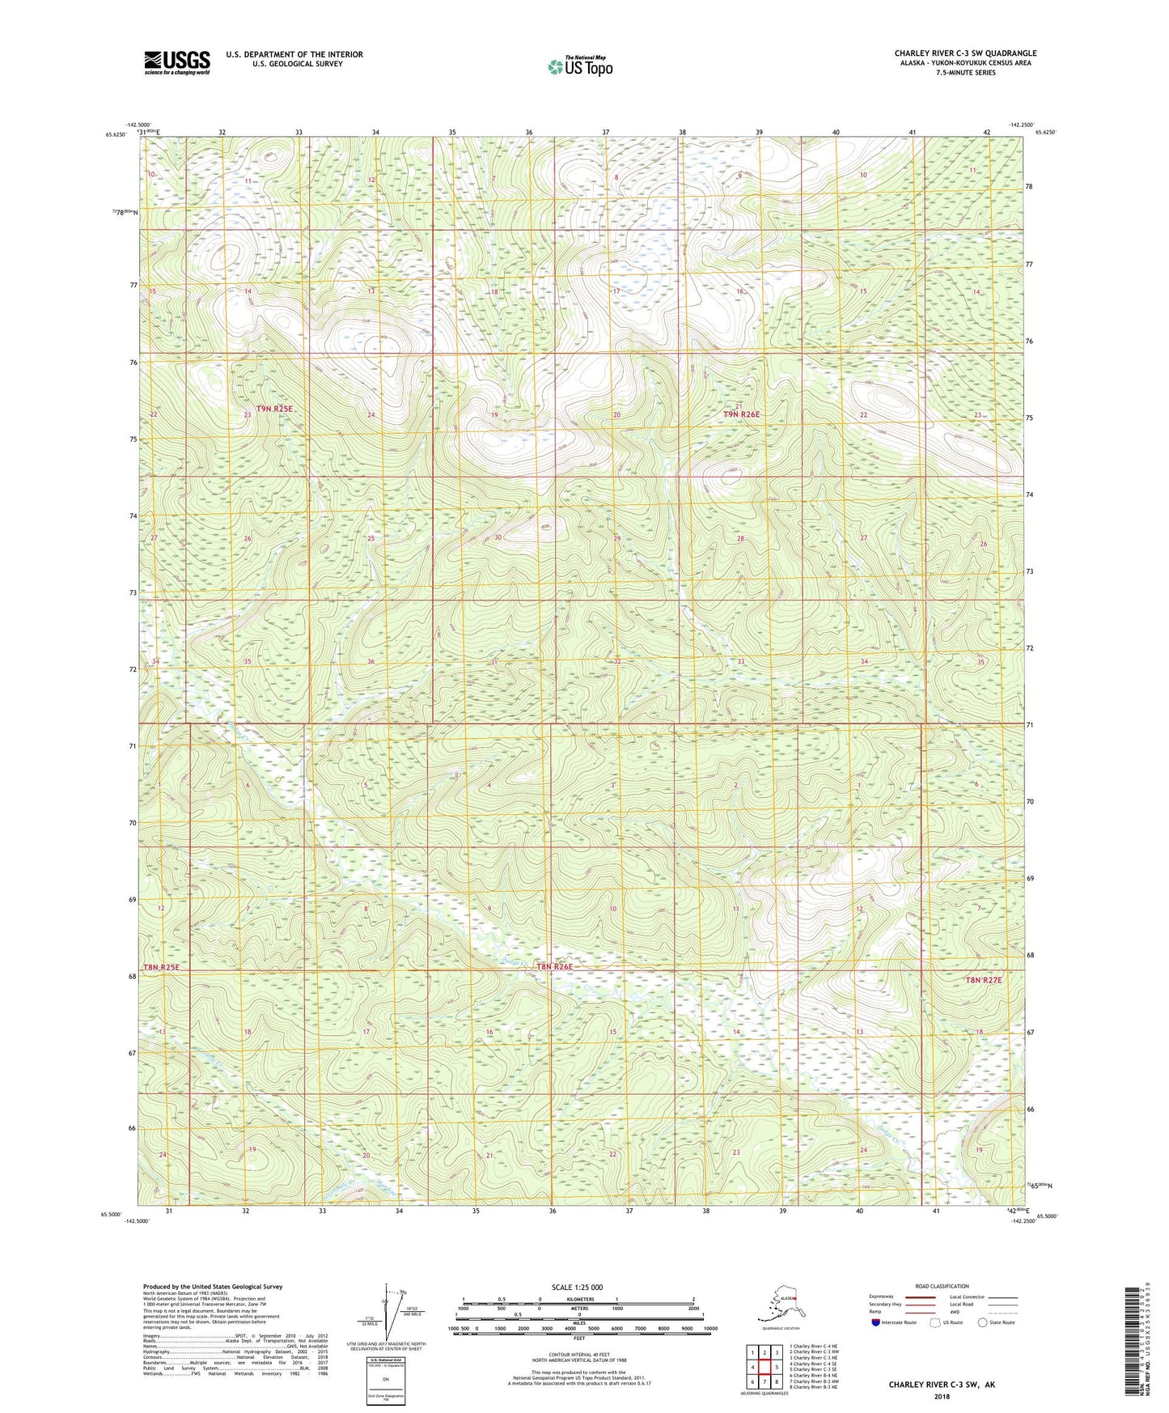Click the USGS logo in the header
tap(176, 62)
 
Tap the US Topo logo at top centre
tap(579, 66)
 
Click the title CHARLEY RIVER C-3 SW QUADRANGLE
tap(964, 53)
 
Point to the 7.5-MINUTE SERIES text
tap(965, 73)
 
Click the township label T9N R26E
tap(741, 414)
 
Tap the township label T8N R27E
tap(983, 980)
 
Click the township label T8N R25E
tap(160, 967)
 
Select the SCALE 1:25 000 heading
tap(578, 1287)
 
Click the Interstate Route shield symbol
tap(875, 1322)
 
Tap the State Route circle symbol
tap(982, 1322)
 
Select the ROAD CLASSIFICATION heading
tap(941, 1286)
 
